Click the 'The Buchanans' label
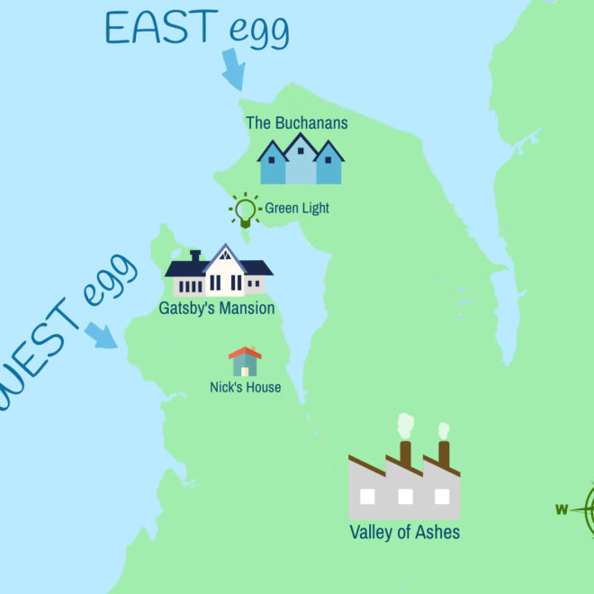click(297, 122)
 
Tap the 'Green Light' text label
click(297, 209)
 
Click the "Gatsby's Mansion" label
click(217, 309)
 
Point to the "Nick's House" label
click(245, 388)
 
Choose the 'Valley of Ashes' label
click(404, 532)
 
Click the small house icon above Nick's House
click(245, 362)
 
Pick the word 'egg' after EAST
click(257, 32)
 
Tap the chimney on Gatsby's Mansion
click(195, 257)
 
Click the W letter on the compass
click(562, 510)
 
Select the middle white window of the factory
click(405, 496)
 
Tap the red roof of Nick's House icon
click(245, 352)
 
